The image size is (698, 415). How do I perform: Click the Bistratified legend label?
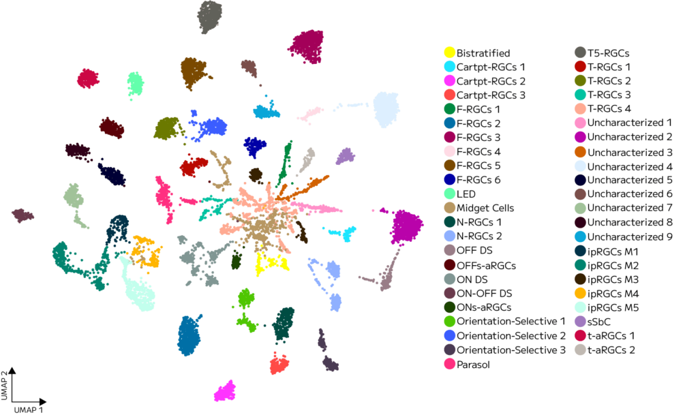(x=483, y=53)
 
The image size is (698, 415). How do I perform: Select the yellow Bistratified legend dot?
(x=450, y=52)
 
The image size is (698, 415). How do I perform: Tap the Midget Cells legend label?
(x=485, y=208)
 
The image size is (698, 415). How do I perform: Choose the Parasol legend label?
(x=473, y=365)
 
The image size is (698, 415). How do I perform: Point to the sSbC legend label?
(x=598, y=322)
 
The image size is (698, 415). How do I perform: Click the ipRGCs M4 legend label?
(x=613, y=294)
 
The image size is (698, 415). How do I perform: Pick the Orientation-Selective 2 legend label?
(x=511, y=336)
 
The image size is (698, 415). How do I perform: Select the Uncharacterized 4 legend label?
(x=630, y=167)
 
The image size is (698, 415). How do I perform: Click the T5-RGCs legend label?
(x=609, y=53)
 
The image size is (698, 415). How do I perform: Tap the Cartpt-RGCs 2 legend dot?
(x=450, y=81)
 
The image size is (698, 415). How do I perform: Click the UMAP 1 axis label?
(x=29, y=410)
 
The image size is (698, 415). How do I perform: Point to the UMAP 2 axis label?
(x=5, y=385)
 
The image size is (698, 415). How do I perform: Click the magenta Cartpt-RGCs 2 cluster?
(x=225, y=391)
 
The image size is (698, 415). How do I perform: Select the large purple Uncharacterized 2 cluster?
(x=406, y=226)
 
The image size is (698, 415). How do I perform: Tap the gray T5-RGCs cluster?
(x=210, y=17)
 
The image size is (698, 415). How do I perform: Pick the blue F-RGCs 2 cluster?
(x=189, y=336)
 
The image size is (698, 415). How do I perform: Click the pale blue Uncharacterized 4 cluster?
(x=386, y=110)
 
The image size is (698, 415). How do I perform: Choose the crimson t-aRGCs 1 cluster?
(x=88, y=79)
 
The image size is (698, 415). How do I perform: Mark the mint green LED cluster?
(x=136, y=83)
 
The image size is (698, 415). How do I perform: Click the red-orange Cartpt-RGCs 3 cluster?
(x=279, y=365)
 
